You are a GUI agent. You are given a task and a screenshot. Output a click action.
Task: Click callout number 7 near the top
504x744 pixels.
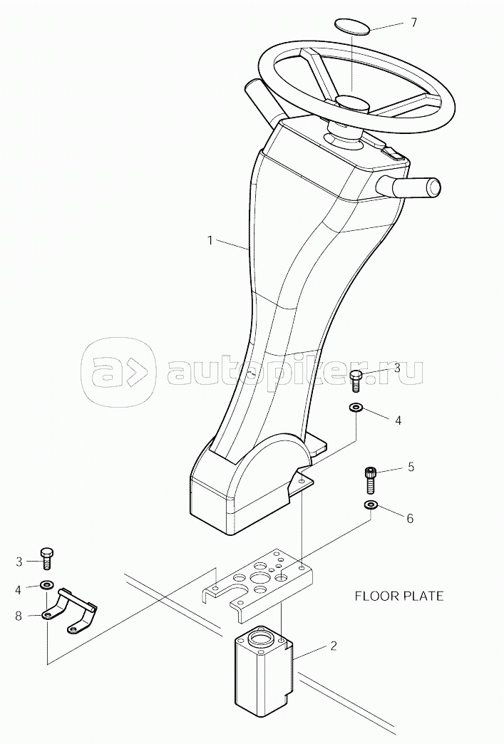[413, 22]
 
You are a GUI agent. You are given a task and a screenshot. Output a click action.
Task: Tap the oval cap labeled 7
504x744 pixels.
[351, 26]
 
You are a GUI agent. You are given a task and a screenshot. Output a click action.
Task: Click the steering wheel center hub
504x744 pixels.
[351, 102]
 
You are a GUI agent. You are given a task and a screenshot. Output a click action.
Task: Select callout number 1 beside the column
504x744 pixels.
[210, 240]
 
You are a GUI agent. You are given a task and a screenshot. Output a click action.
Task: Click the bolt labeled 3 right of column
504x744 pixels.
[356, 381]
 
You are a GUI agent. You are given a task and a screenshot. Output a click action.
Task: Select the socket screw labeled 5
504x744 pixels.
[370, 480]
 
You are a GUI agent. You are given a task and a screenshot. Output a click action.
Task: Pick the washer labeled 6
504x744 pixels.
[370, 505]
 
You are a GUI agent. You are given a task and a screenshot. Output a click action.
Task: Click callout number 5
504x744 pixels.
[411, 467]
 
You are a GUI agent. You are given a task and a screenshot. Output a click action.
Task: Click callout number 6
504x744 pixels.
[410, 519]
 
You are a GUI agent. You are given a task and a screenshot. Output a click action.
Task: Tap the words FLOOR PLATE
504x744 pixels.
[399, 596]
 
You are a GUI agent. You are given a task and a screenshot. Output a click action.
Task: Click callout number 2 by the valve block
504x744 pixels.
[334, 646]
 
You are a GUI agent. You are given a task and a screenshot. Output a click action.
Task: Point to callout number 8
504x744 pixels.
[19, 616]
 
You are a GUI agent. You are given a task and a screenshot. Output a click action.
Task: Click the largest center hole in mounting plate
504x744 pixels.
[259, 577]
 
